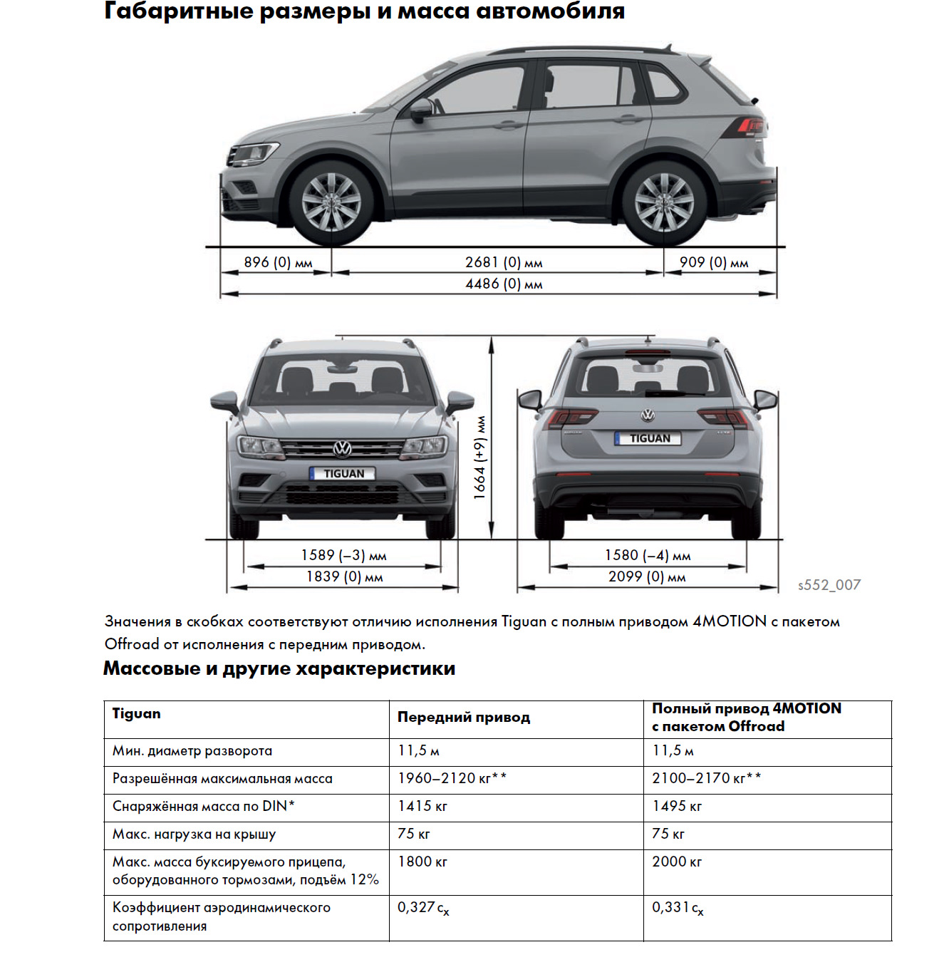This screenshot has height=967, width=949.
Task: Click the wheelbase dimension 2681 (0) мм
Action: coord(504,262)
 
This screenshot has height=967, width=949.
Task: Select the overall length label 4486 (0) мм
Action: coord(504,284)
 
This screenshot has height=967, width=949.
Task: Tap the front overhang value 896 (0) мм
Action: coord(278,262)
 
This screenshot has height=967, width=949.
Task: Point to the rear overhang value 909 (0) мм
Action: coord(713,262)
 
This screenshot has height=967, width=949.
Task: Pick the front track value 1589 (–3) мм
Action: coord(343,555)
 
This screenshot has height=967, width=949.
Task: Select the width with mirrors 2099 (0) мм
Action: coord(646,576)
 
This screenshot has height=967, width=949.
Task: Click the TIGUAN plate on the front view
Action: coord(343,474)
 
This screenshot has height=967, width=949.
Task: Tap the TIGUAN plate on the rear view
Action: coord(648,438)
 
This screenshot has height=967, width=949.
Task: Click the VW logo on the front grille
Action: coord(343,448)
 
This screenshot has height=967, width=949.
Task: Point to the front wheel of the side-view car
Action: coord(331,202)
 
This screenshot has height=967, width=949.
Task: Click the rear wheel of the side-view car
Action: coord(663,202)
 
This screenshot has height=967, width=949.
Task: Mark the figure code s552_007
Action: coord(829,585)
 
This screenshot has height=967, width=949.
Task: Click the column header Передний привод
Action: coord(464,718)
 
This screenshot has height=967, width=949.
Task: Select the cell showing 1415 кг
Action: coord(422,806)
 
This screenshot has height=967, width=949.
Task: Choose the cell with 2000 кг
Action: coord(677,862)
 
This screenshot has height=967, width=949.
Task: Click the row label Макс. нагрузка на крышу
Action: coord(194,834)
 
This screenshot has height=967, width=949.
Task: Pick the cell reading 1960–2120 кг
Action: coord(452,778)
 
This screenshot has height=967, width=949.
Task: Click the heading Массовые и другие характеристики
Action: coord(279,668)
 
